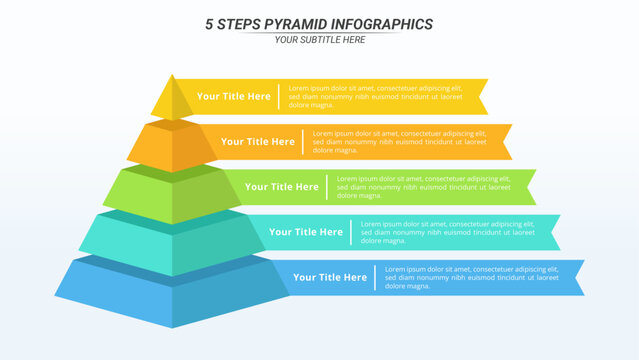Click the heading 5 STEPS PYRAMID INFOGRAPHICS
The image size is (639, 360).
[319, 23]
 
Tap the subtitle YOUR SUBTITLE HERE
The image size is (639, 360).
[319, 40]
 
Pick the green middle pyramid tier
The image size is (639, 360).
[172, 194]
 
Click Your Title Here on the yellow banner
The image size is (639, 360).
[233, 96]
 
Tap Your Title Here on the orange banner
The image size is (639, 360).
[257, 142]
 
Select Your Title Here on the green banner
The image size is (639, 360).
[282, 187]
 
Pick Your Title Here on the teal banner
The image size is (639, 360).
[306, 232]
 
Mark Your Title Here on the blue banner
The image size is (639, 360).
[330, 277]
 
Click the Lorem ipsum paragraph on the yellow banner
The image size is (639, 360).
[376, 96]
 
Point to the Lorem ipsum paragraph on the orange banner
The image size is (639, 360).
[400, 142]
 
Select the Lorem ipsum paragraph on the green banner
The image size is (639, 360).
[424, 187]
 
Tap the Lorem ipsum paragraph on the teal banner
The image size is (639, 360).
[448, 232]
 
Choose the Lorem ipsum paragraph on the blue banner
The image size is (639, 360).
[472, 277]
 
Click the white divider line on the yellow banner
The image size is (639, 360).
[279, 96]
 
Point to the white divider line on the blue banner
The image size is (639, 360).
[375, 277]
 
